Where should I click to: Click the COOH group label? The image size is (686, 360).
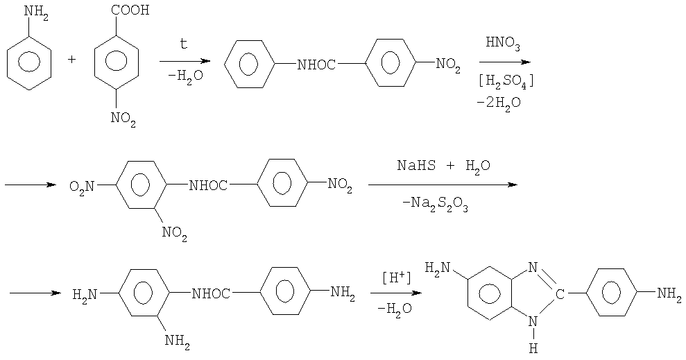click(130, 10)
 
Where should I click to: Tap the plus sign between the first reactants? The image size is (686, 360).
click(72, 60)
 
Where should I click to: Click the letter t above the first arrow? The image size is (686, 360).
click(184, 44)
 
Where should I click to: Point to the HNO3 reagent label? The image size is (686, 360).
click(503, 44)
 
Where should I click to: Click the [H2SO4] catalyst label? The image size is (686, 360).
click(506, 82)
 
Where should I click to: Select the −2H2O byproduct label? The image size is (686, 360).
click(499, 103)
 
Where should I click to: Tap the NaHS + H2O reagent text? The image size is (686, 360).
click(444, 166)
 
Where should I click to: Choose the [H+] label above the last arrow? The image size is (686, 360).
click(396, 277)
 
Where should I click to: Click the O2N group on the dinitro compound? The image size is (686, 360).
click(81, 187)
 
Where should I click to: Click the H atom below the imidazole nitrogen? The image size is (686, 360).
click(533, 349)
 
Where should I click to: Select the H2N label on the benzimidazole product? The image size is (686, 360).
click(437, 267)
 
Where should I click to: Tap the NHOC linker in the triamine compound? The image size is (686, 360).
click(211, 294)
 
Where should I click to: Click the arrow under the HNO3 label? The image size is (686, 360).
click(505, 62)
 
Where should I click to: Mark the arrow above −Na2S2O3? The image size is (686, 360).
click(443, 185)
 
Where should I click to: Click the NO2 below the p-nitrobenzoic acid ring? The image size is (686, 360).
click(123, 118)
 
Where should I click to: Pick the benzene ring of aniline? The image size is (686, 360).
click(29, 63)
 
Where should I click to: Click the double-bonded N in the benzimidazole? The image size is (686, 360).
click(533, 267)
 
